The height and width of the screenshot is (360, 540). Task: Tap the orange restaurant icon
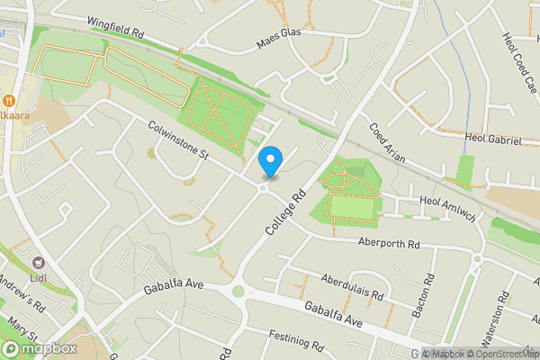[9, 100]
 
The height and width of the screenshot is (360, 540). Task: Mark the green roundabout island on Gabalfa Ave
[238, 290]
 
